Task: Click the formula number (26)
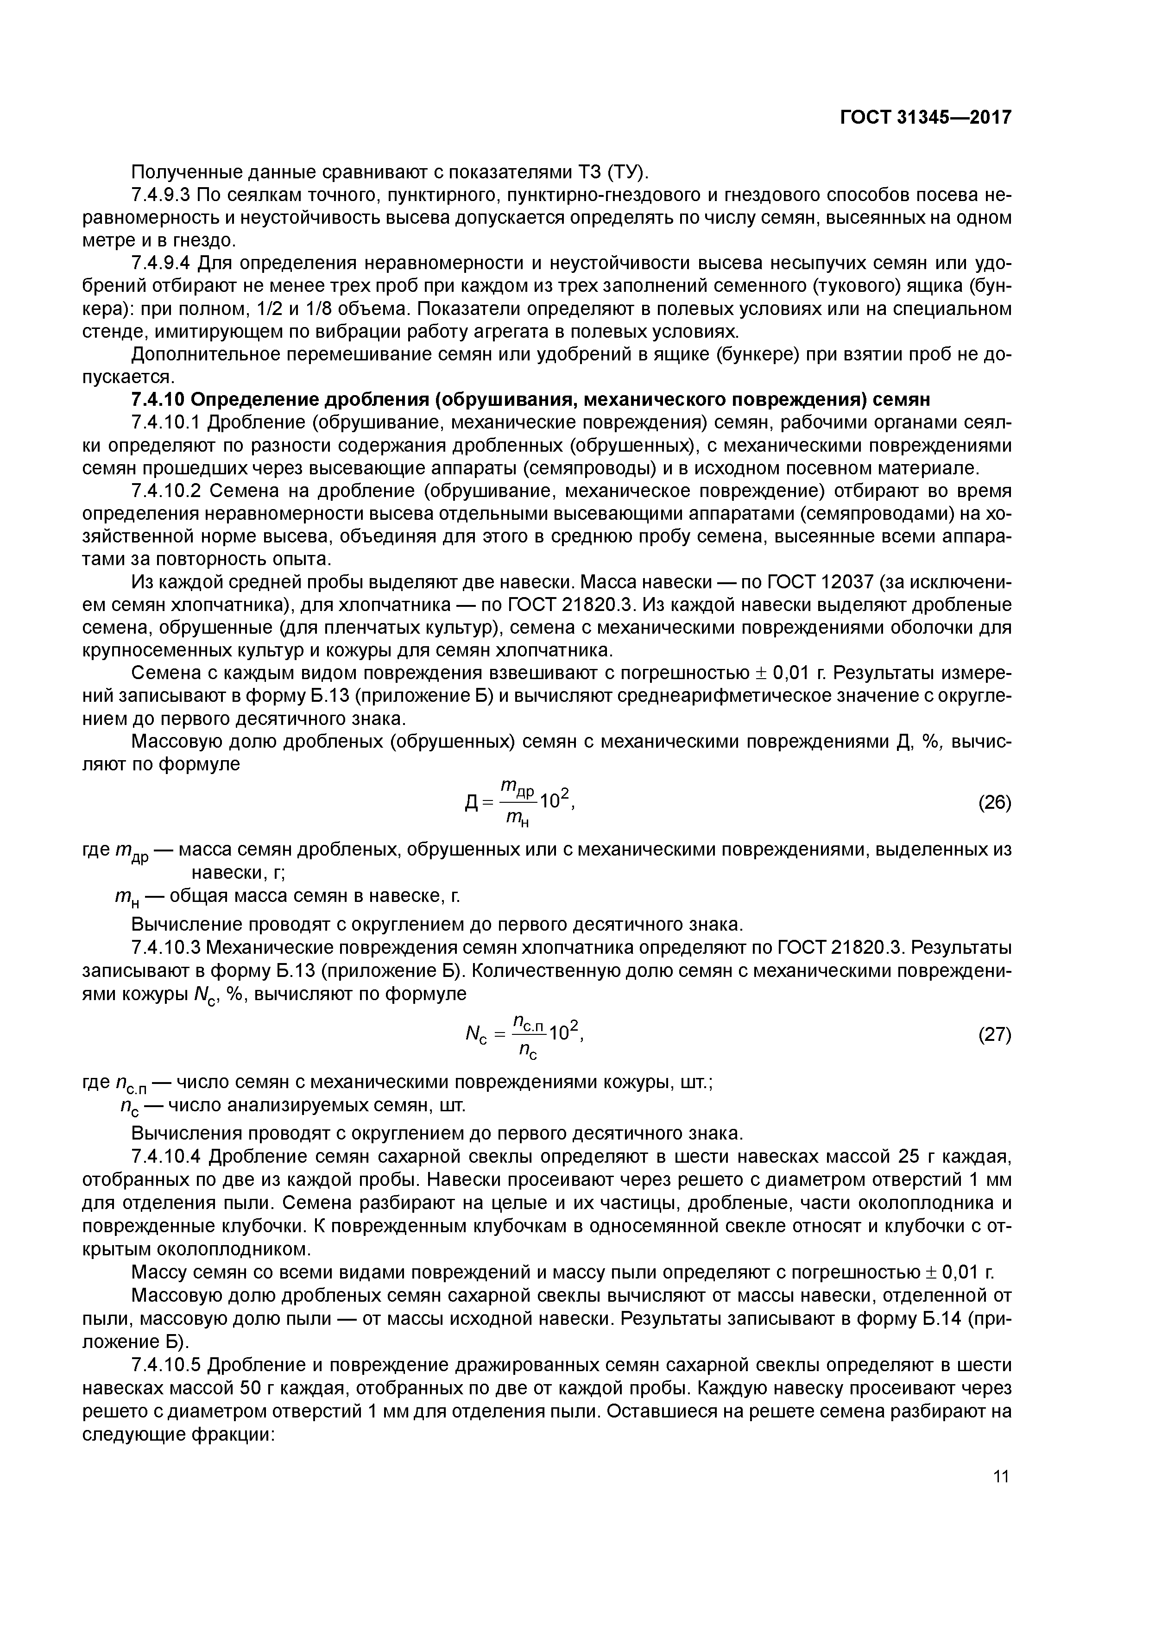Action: [x=994, y=803]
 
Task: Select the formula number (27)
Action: [x=994, y=1035]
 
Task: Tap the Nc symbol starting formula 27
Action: [x=473, y=1035]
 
